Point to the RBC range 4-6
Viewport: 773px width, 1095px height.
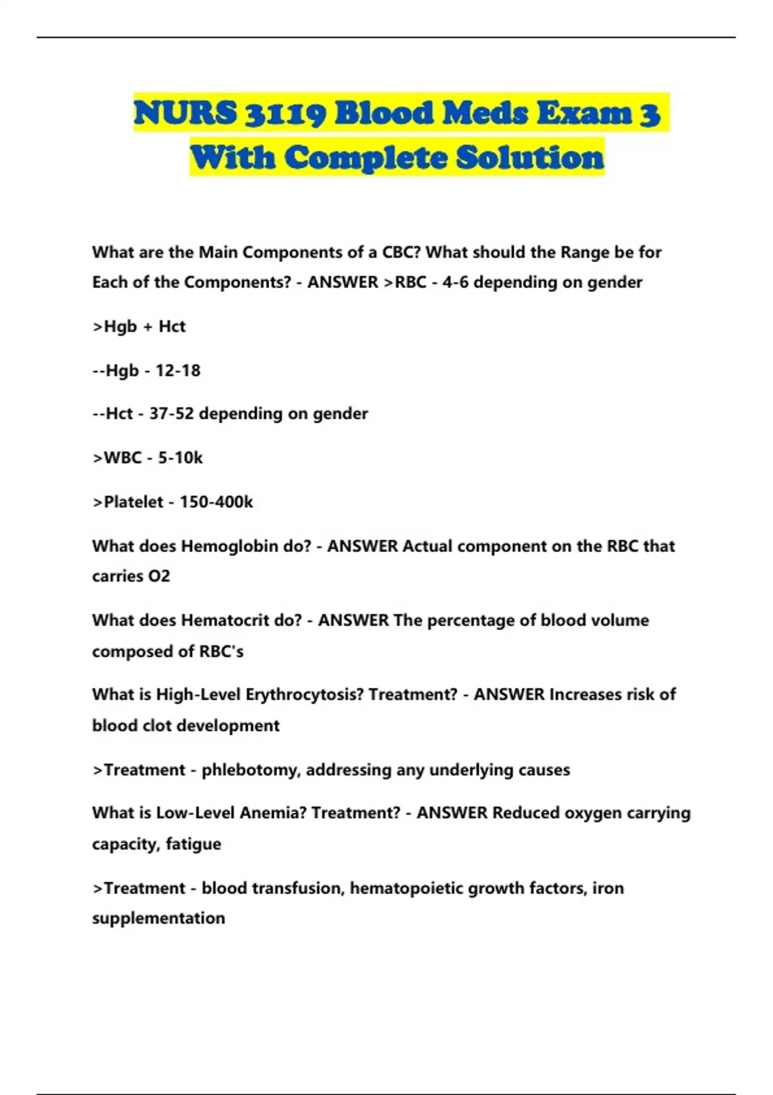455,282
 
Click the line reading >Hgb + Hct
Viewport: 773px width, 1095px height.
139,327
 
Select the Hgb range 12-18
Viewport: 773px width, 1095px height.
178,370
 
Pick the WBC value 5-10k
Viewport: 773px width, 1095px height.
180,457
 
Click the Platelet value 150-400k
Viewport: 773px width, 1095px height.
216,502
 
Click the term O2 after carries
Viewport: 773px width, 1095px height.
159,576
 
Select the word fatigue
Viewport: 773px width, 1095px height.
193,844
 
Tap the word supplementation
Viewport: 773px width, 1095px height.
158,918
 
